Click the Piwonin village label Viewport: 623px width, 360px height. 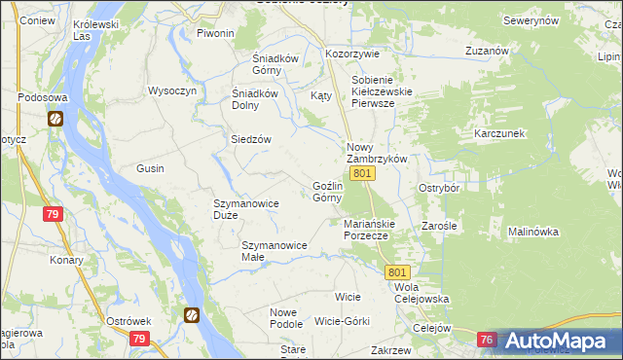(x=216, y=33)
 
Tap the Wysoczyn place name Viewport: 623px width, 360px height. (x=172, y=90)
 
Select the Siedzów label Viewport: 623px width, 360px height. (x=250, y=139)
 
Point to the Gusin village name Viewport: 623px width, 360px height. (x=150, y=168)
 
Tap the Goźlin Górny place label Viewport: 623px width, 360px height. (x=327, y=191)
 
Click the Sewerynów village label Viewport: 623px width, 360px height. (x=531, y=19)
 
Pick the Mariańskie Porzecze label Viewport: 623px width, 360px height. (x=367, y=229)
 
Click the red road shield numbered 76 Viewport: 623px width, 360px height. (x=488, y=340)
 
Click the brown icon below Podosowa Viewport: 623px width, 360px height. (x=55, y=120)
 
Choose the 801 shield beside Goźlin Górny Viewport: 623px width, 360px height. (x=361, y=173)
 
